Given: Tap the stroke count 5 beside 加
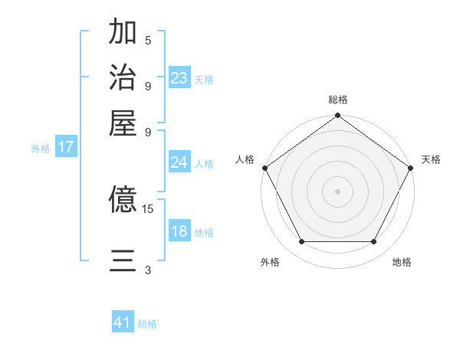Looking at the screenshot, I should coord(148,40).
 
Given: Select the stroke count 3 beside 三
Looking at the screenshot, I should coord(148,270).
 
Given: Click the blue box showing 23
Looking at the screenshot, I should coord(179,77).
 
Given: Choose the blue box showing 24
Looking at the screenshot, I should coord(179,162).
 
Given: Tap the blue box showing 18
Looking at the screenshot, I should coord(179,231).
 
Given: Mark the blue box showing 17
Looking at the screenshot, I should coord(66,148).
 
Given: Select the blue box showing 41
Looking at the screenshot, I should coord(123,322).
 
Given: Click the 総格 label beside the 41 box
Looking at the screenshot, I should coord(147,324).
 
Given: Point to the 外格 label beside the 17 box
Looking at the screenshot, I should coord(41,149).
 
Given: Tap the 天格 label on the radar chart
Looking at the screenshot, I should coord(431,159).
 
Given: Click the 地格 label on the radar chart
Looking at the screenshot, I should coord(402,262).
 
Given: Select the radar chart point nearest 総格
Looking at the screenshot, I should coord(337,116).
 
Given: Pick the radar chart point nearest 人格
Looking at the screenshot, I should coord(265,168).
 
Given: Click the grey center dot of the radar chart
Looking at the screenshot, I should coord(337,191).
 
